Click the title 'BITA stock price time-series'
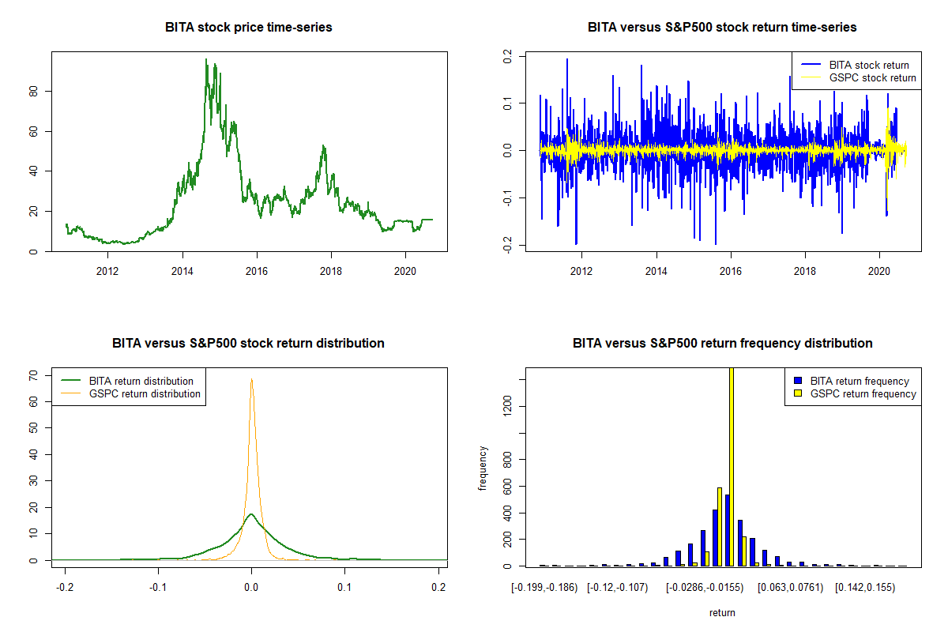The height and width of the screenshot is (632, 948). [249, 27]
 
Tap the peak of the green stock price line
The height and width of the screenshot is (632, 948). [206, 59]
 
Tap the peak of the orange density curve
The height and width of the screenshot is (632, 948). [251, 379]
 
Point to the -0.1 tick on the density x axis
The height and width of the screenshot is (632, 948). [158, 587]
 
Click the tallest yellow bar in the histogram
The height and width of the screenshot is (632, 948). [732, 466]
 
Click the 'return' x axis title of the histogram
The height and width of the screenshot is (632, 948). [722, 612]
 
